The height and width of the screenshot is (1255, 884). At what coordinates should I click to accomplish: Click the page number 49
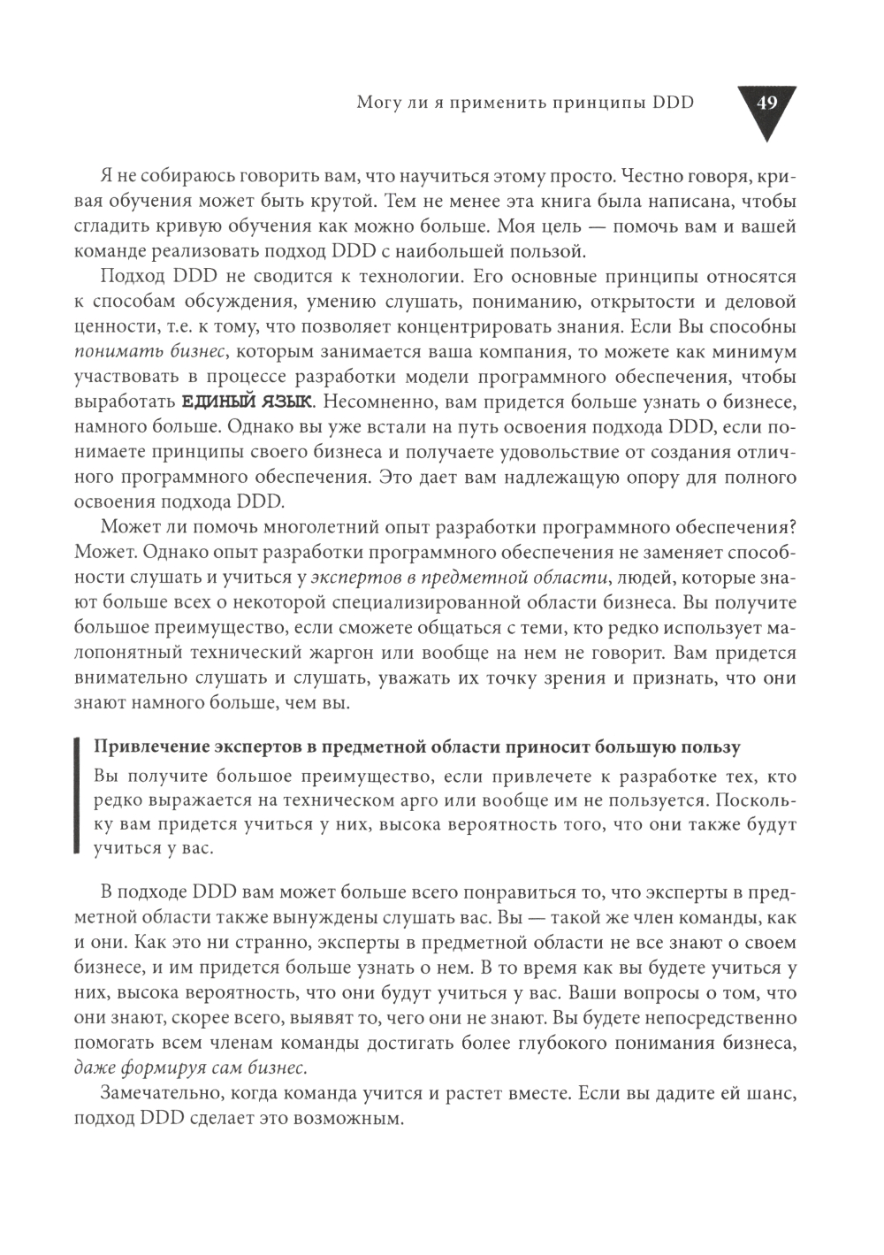(x=766, y=103)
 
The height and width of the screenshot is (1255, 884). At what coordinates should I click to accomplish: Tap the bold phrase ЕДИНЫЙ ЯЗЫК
(x=247, y=402)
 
